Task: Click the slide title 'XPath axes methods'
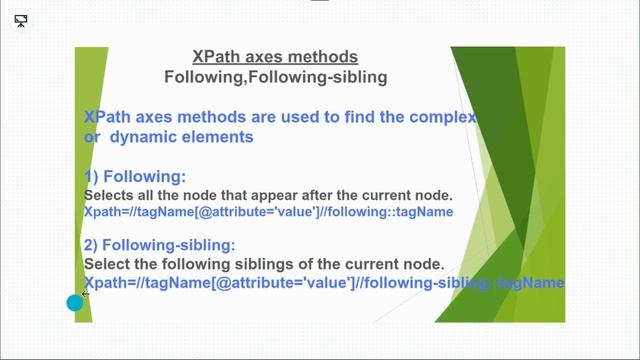click(x=274, y=57)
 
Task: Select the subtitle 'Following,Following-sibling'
click(x=275, y=76)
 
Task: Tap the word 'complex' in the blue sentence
click(x=438, y=118)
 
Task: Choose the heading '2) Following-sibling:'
click(x=160, y=245)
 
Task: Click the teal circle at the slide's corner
click(x=75, y=302)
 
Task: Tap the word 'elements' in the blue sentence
click(x=220, y=137)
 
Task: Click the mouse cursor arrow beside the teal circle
click(x=86, y=295)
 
